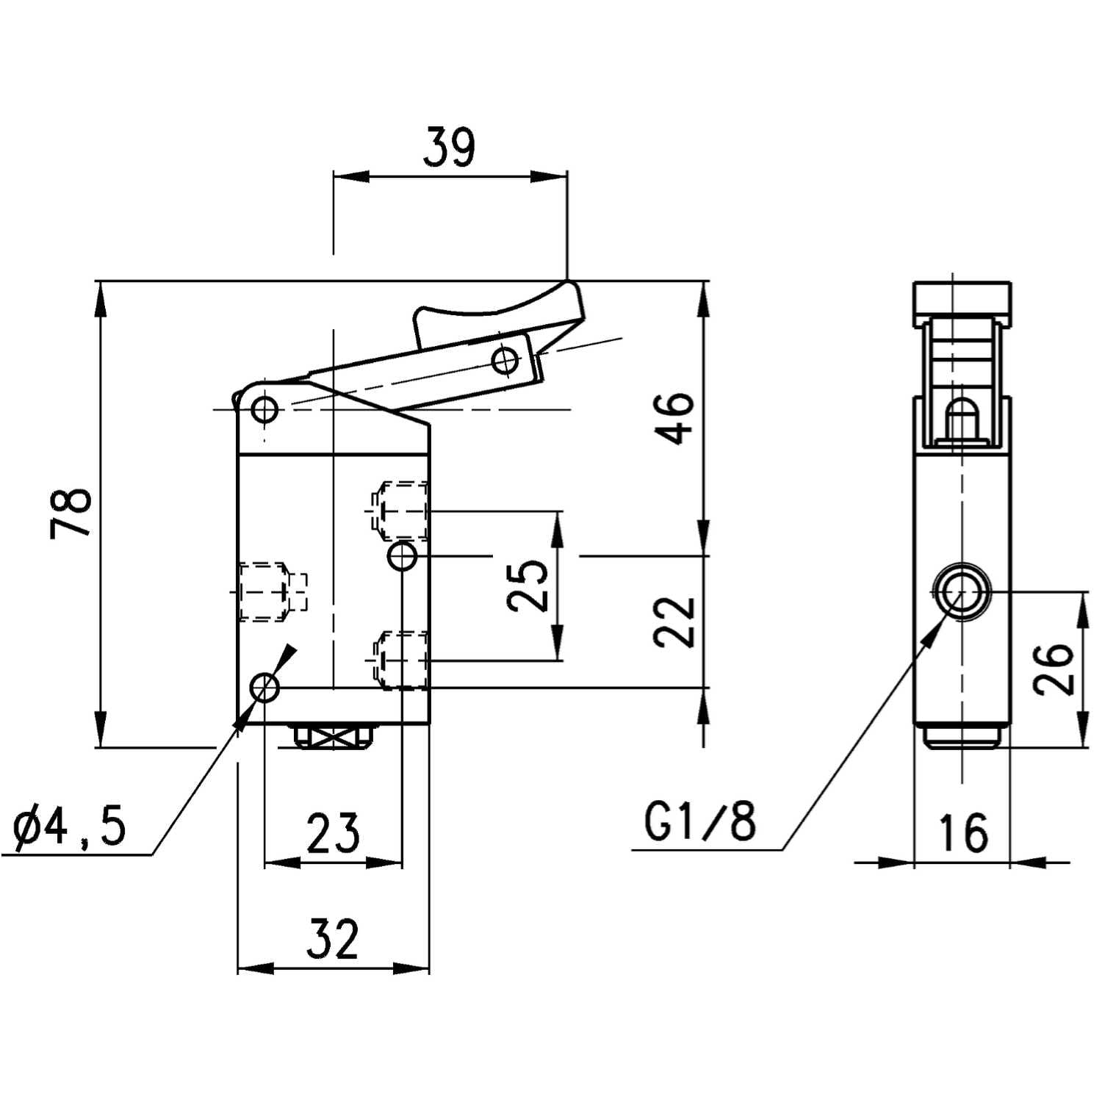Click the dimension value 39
450,147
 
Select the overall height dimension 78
72,512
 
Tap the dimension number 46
674,418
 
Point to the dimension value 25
528,586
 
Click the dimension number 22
674,621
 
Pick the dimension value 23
333,833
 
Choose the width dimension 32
332,938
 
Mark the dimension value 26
1054,669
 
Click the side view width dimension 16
962,832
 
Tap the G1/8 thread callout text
700,821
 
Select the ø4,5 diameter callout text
70,826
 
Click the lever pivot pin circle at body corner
264,408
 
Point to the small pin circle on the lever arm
504,360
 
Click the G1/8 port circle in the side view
961,591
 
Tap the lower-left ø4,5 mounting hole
264,688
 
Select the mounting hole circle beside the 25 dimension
403,556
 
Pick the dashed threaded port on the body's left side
268,591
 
